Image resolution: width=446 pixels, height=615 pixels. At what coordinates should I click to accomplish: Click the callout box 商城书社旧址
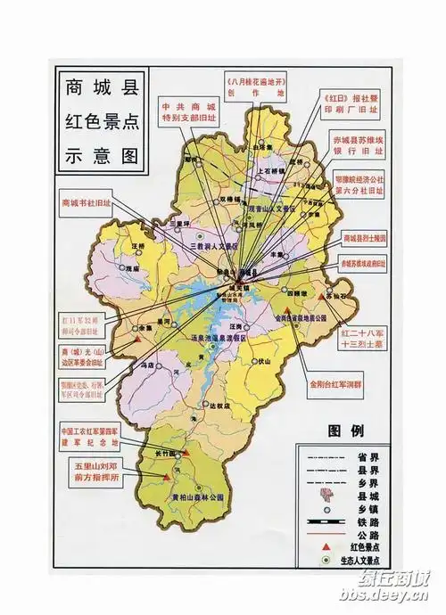tap(87, 203)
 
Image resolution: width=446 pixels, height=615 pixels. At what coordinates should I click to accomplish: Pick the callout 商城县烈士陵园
tap(366, 239)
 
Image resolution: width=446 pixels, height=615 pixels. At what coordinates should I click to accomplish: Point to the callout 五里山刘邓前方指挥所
tap(95, 471)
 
